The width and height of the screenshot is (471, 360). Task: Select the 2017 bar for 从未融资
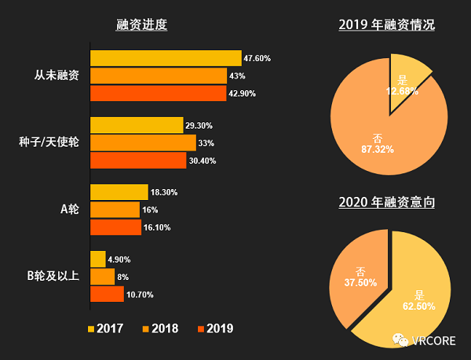pyautogui.click(x=166, y=58)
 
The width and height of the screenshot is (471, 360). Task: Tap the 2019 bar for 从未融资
pyautogui.click(x=158, y=93)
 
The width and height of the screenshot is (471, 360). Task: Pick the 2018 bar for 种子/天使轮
pyautogui.click(x=143, y=143)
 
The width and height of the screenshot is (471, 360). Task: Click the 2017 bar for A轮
pyautogui.click(x=119, y=192)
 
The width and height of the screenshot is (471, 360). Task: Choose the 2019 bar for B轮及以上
pyautogui.click(x=107, y=294)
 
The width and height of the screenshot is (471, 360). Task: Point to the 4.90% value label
pyautogui.click(x=119, y=260)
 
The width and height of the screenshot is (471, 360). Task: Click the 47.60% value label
pyautogui.click(x=257, y=58)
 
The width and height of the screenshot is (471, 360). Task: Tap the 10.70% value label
pyautogui.click(x=141, y=295)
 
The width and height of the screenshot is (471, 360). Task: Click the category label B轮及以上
pyautogui.click(x=53, y=275)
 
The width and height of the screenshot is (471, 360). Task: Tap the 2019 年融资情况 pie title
pyautogui.click(x=387, y=24)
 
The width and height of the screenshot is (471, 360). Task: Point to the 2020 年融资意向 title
pyautogui.click(x=387, y=202)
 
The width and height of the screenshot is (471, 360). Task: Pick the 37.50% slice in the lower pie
pyautogui.click(x=357, y=271)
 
